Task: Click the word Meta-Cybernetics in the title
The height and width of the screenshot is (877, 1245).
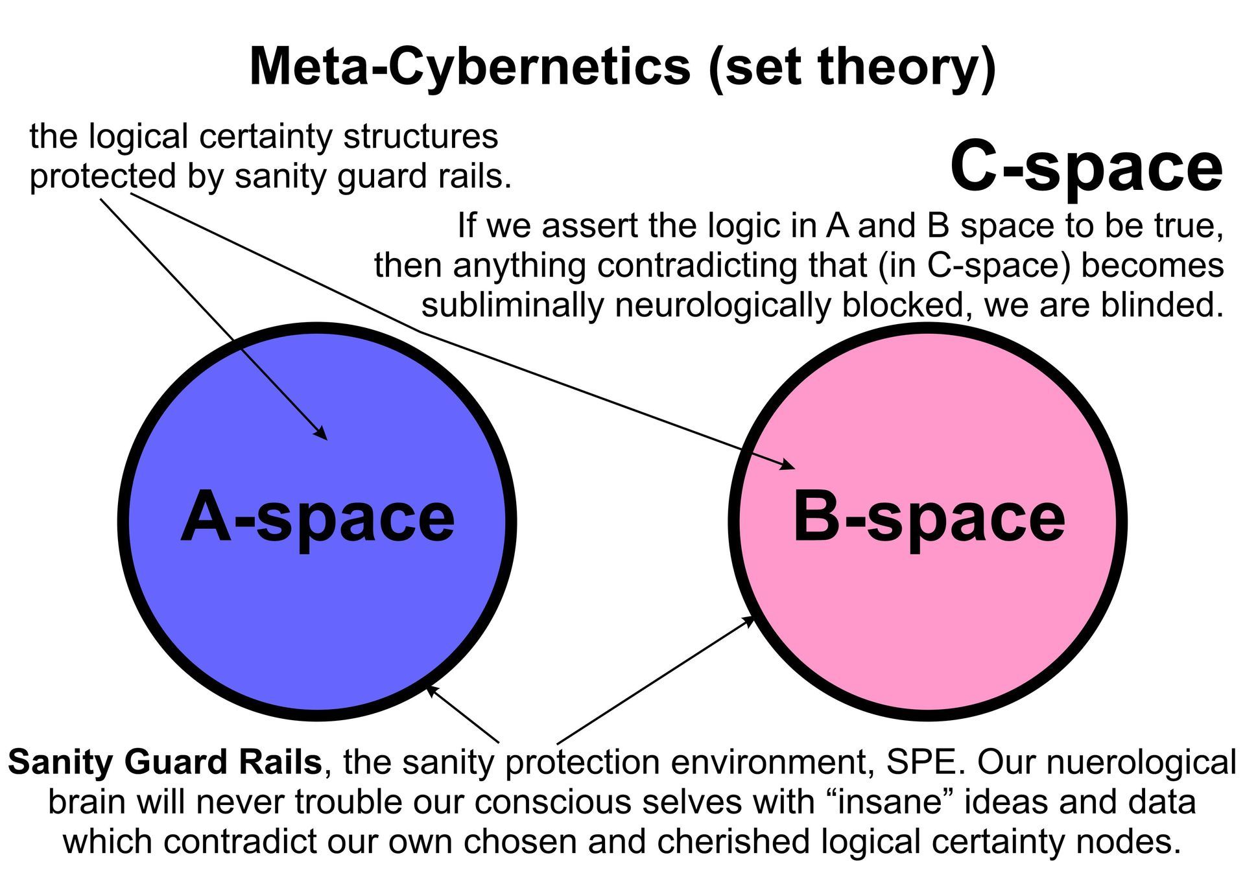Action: click(x=469, y=67)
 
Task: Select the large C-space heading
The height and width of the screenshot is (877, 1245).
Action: click(x=1085, y=168)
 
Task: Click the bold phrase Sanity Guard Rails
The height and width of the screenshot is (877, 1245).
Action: click(x=165, y=762)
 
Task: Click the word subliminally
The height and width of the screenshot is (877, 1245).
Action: click(x=512, y=305)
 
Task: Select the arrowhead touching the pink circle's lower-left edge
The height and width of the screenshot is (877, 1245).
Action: click(x=750, y=620)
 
